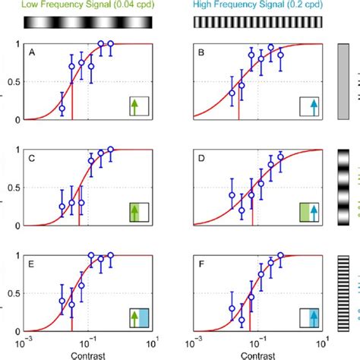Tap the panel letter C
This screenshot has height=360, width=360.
[x=32, y=159]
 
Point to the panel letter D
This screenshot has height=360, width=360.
[x=201, y=159]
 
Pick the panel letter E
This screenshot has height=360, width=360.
[x=32, y=265]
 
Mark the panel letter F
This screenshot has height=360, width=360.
[x=201, y=265]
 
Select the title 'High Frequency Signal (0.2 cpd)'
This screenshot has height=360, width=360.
[x=258, y=6]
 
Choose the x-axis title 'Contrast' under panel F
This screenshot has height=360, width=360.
[x=259, y=354]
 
